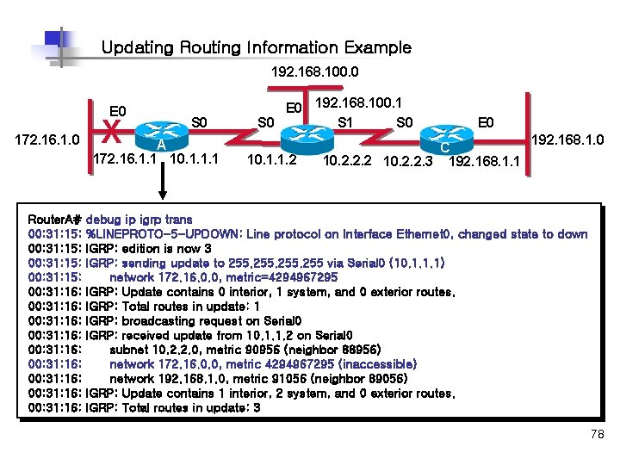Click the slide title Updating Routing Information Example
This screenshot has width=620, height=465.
(x=256, y=48)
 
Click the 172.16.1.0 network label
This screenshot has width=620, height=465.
(x=46, y=138)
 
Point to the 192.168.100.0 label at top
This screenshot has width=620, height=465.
(x=314, y=71)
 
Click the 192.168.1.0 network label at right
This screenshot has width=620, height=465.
(x=568, y=139)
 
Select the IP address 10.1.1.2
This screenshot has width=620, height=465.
(x=271, y=159)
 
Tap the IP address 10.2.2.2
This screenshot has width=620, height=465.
(x=348, y=160)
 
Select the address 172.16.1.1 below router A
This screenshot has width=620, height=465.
(x=126, y=159)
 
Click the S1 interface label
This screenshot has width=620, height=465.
(x=348, y=122)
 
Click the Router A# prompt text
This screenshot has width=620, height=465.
(x=55, y=220)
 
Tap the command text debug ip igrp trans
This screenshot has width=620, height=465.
(x=139, y=220)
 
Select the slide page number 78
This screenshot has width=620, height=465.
(x=598, y=436)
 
